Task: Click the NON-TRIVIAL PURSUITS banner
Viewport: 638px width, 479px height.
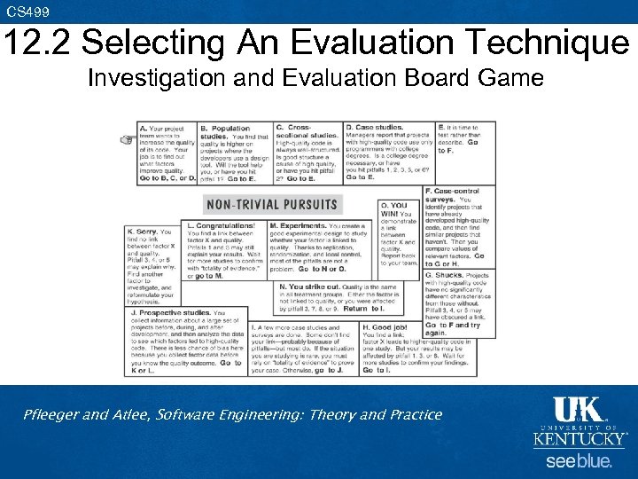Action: point(272,205)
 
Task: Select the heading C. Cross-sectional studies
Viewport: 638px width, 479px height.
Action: point(301,132)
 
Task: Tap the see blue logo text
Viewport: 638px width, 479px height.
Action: point(579,461)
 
